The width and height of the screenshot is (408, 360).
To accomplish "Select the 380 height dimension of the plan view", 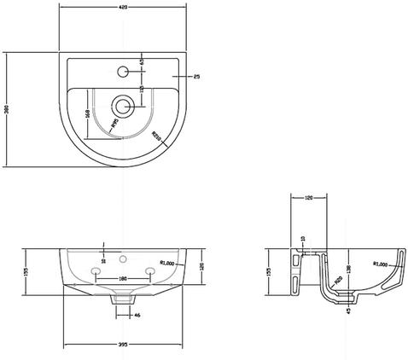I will point(7,111).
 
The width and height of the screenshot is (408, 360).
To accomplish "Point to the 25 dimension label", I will point(195,78).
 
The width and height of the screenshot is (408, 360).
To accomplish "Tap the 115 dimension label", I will point(141,94).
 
